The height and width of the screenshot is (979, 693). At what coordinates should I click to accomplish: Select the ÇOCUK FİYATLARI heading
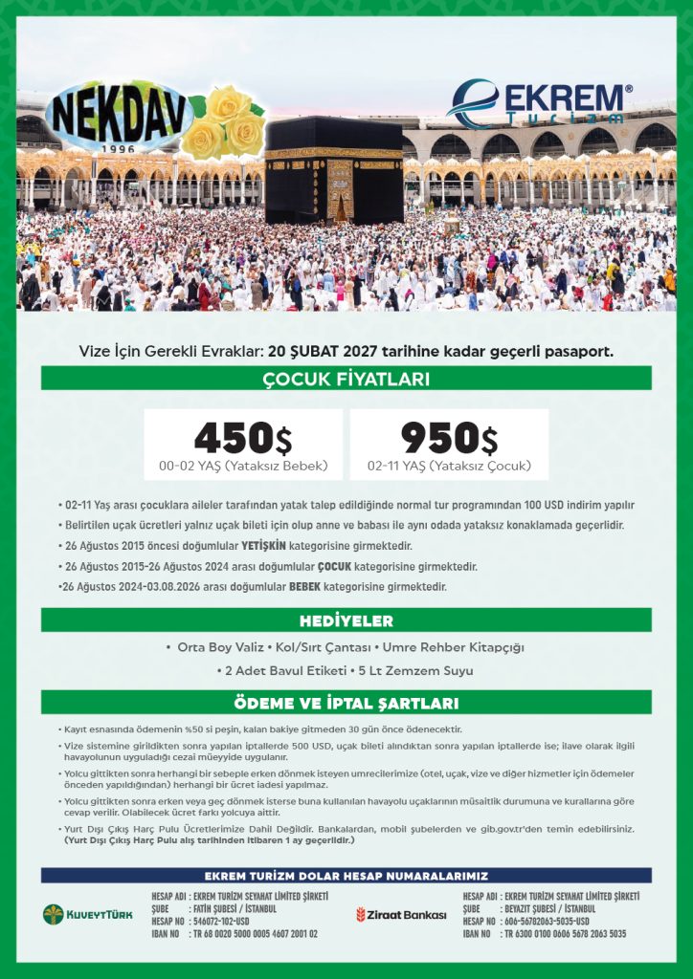[x=346, y=379]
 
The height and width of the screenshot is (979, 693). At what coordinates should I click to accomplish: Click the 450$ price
[x=242, y=438]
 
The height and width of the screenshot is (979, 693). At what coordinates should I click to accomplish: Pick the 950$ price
[x=449, y=438]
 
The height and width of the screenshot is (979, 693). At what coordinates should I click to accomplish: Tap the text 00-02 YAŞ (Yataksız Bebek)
[x=243, y=467]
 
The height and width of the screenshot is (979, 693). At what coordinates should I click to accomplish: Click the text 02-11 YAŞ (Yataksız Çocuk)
[x=449, y=467]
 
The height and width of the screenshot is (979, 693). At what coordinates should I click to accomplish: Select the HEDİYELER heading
[x=346, y=620]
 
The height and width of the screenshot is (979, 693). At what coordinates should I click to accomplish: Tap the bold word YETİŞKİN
[x=265, y=545]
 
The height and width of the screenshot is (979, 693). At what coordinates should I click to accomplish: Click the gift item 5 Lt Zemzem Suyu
[x=414, y=670]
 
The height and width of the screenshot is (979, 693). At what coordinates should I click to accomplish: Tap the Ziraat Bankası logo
[x=402, y=915]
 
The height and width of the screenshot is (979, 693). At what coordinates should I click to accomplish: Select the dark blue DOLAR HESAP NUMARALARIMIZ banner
[x=346, y=876]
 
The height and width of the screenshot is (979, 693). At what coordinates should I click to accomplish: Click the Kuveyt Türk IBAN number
[x=256, y=933]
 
